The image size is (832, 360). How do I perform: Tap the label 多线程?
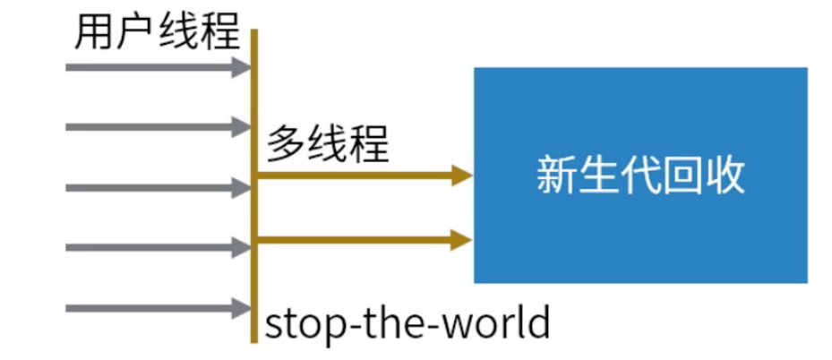coord(328,144)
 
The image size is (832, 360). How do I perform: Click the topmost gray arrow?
coord(157,67)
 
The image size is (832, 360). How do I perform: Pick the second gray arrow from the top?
coord(157,126)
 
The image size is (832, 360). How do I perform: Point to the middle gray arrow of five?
coord(157,188)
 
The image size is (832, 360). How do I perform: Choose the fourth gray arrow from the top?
coord(157,248)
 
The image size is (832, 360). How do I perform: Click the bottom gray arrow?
coord(157,309)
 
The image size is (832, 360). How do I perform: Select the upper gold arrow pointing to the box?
coord(363,176)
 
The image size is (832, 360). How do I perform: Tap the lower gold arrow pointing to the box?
coord(363,239)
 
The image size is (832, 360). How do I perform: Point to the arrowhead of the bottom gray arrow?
coord(243,309)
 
